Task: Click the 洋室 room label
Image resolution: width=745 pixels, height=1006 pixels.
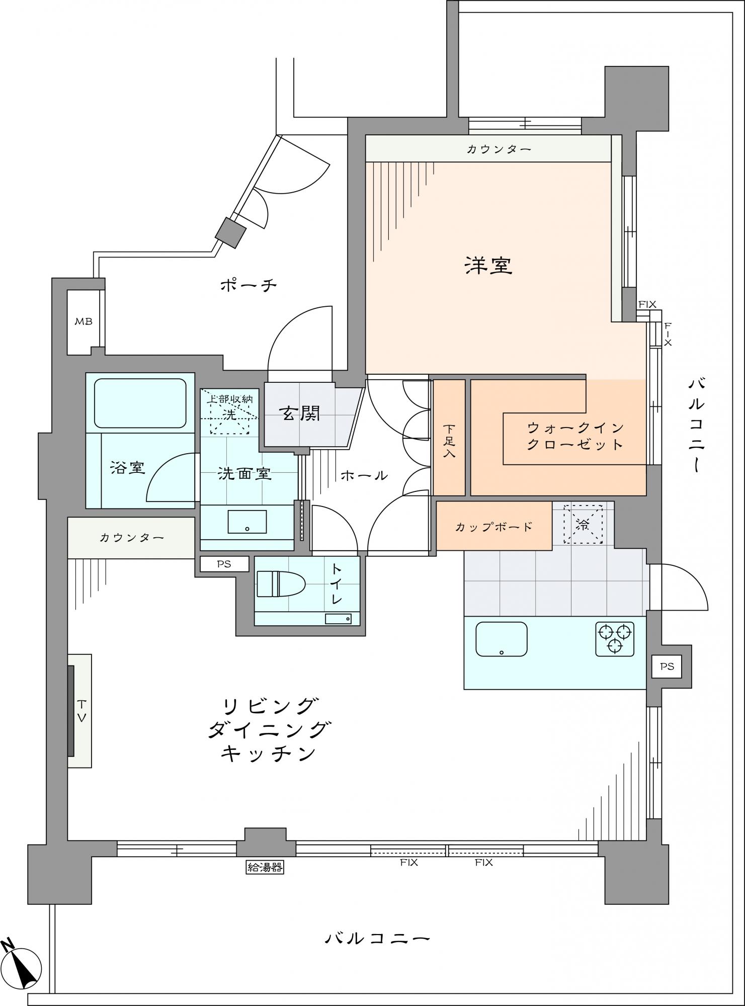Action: tap(488, 265)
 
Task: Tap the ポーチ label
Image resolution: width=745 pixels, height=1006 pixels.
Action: tap(249, 286)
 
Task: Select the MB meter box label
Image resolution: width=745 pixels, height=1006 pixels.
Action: tap(84, 321)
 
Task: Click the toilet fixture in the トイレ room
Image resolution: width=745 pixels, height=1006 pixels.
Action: tap(281, 584)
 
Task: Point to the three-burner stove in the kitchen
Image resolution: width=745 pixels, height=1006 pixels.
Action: tap(615, 639)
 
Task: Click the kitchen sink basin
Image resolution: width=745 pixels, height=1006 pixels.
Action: tap(502, 639)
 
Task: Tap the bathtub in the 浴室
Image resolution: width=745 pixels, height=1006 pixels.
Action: tap(140, 403)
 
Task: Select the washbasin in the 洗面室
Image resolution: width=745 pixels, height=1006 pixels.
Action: tap(247, 522)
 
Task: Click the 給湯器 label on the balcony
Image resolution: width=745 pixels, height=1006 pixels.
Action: tap(265, 867)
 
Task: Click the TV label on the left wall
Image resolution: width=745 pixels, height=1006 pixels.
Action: tap(82, 711)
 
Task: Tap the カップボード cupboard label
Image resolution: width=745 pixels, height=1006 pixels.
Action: tap(493, 527)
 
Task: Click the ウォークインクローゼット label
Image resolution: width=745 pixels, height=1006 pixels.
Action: tap(575, 436)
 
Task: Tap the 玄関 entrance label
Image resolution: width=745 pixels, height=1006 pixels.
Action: tap(300, 413)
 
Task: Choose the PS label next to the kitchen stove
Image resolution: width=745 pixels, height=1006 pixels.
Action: tap(667, 666)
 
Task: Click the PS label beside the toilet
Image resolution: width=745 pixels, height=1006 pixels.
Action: tap(224, 564)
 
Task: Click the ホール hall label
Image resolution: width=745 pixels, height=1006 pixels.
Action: tap(364, 474)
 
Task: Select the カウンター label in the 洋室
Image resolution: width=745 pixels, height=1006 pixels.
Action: tap(499, 149)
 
